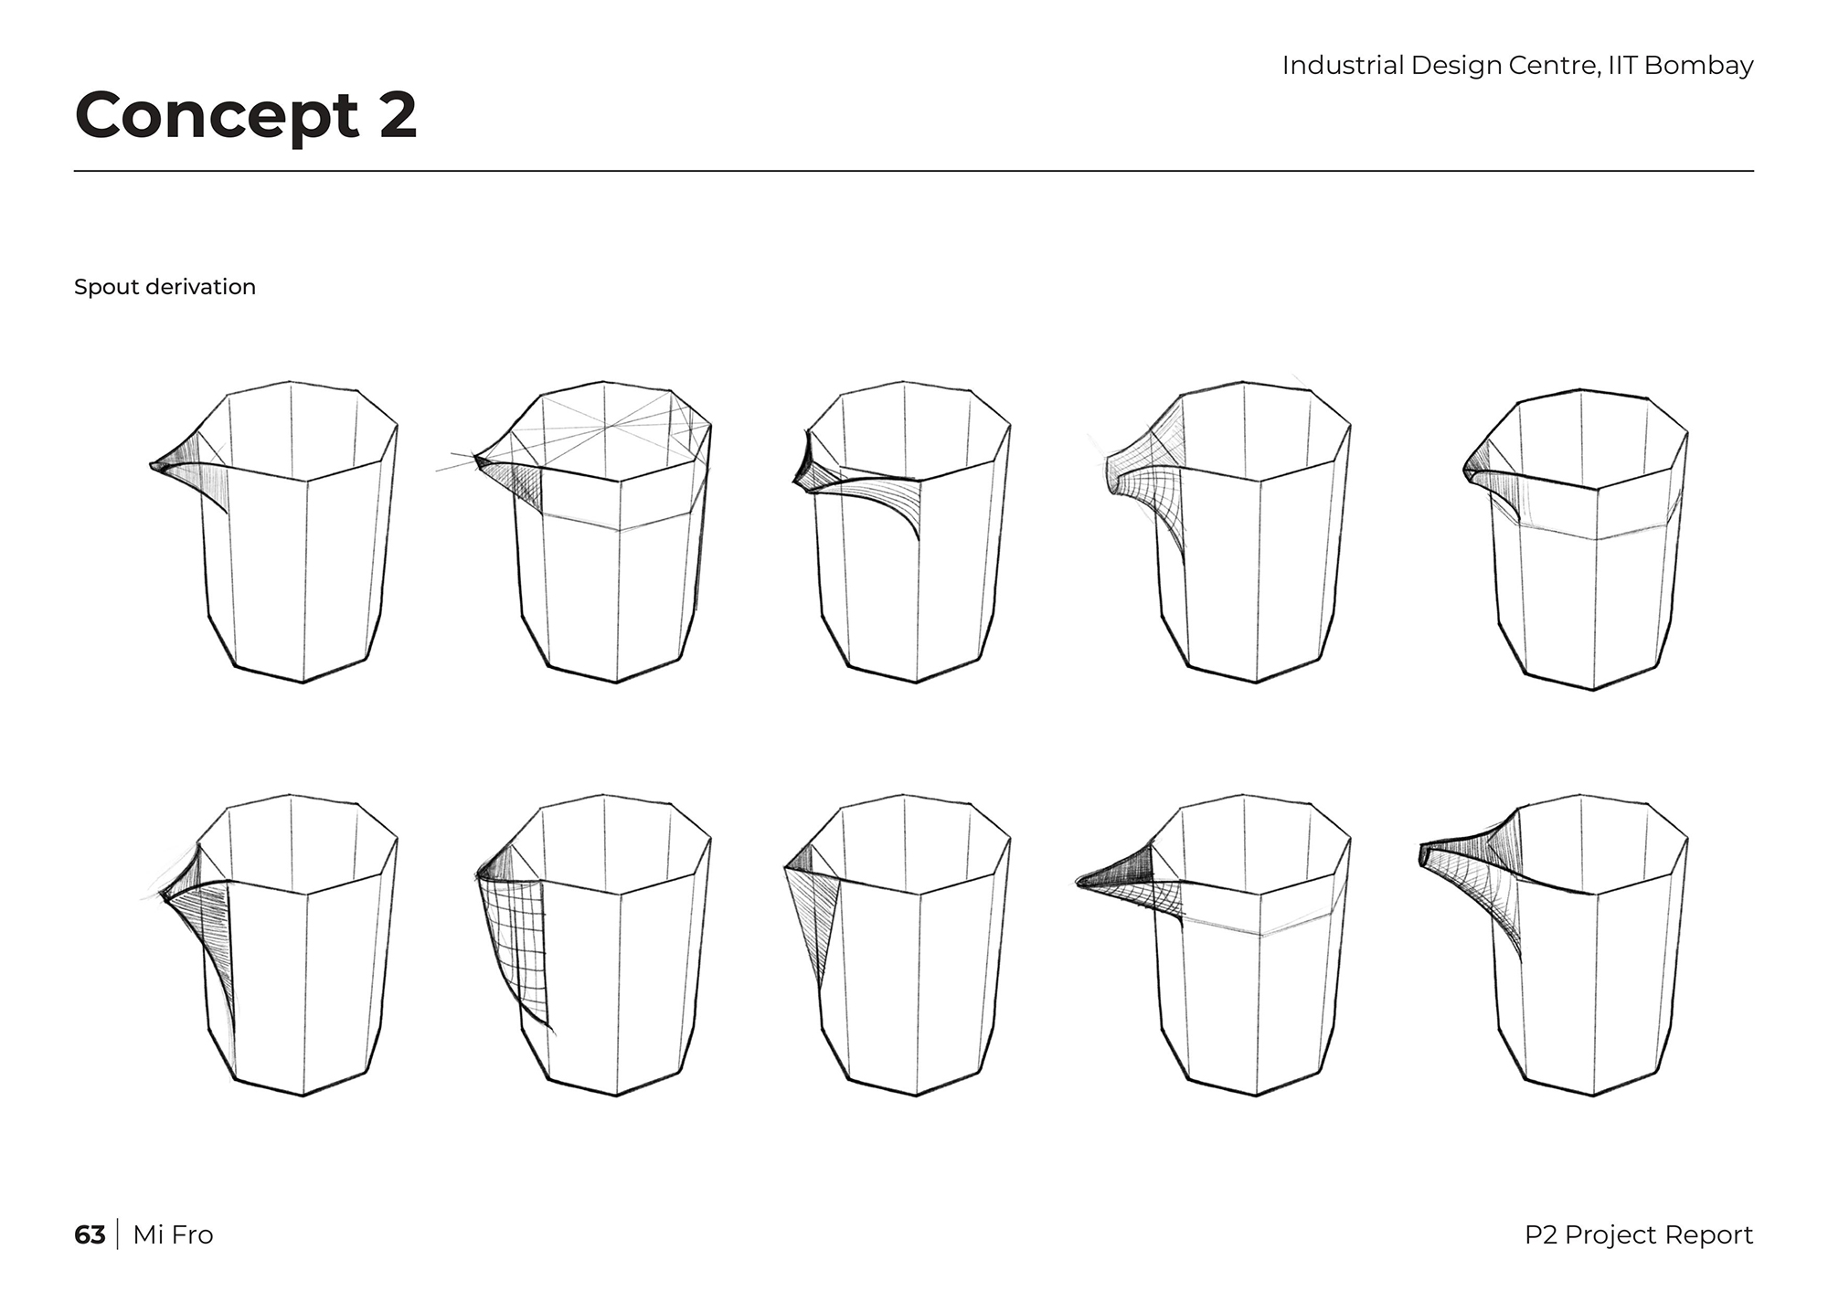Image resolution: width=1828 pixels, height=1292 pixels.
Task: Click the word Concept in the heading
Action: click(x=218, y=116)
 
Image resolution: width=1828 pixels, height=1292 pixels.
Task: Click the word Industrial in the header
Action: click(x=1343, y=65)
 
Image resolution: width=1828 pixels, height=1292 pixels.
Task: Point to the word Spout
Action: click(x=100, y=287)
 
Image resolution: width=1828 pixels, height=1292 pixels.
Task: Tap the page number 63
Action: click(x=90, y=1234)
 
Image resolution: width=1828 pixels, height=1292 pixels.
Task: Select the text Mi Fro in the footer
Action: click(x=173, y=1234)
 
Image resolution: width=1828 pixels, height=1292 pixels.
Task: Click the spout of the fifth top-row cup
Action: click(x=1485, y=475)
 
